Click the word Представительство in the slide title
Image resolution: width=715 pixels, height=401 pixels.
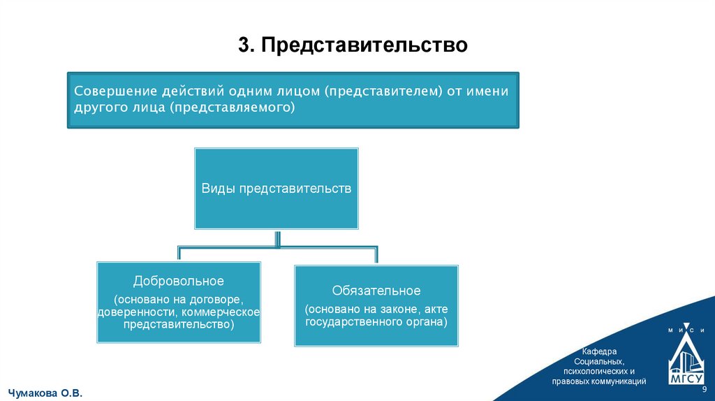364,45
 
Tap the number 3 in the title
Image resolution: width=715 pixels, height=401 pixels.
243,45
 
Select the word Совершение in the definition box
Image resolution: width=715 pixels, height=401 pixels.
115,92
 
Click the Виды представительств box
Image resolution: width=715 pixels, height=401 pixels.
277,189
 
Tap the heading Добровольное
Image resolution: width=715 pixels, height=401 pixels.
179,281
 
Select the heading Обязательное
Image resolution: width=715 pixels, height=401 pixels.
376,291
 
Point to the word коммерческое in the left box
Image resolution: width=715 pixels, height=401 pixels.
226,311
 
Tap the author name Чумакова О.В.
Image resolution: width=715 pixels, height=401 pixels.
45,393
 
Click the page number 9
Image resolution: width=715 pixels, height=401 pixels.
704,389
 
